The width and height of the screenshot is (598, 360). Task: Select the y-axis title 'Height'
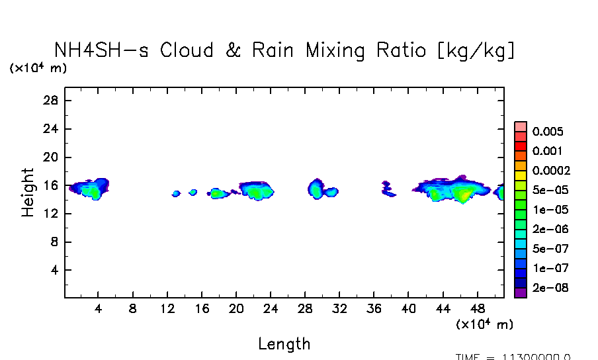(28, 193)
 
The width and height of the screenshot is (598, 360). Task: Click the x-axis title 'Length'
(284, 344)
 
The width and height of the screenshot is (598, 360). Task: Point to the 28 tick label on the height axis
(52, 101)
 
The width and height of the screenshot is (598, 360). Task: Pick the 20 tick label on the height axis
(52, 157)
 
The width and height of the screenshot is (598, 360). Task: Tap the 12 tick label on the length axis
(167, 308)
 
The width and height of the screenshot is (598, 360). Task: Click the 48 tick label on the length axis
(478, 308)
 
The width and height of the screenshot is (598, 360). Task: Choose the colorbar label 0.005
(548, 132)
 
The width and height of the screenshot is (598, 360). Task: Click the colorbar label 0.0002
(552, 171)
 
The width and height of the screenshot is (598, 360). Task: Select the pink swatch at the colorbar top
(521, 126)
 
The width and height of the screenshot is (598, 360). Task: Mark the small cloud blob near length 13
(176, 194)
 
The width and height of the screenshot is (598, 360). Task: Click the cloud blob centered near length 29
(316, 190)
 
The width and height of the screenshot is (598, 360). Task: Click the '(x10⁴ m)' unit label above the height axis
(38, 68)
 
